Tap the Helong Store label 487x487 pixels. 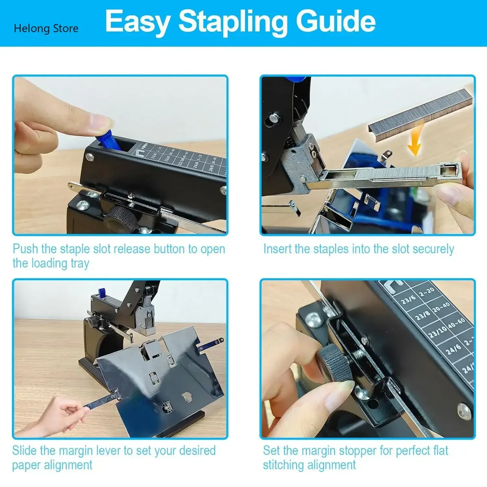pos(46,29)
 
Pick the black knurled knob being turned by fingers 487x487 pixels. pos(334,362)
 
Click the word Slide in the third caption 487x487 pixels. pos(25,451)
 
